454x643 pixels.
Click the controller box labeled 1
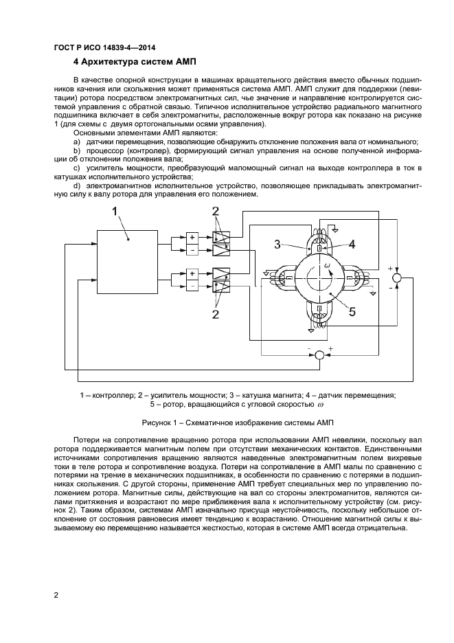coord(129,256)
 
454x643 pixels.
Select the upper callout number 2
coord(216,212)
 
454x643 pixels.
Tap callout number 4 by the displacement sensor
coord(351,243)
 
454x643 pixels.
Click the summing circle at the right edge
coord(396,277)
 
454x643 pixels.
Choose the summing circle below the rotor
coord(319,354)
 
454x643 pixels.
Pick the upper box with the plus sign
coord(192,238)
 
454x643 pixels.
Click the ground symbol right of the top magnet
coord(336,229)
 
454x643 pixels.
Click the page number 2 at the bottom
coord(56,594)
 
